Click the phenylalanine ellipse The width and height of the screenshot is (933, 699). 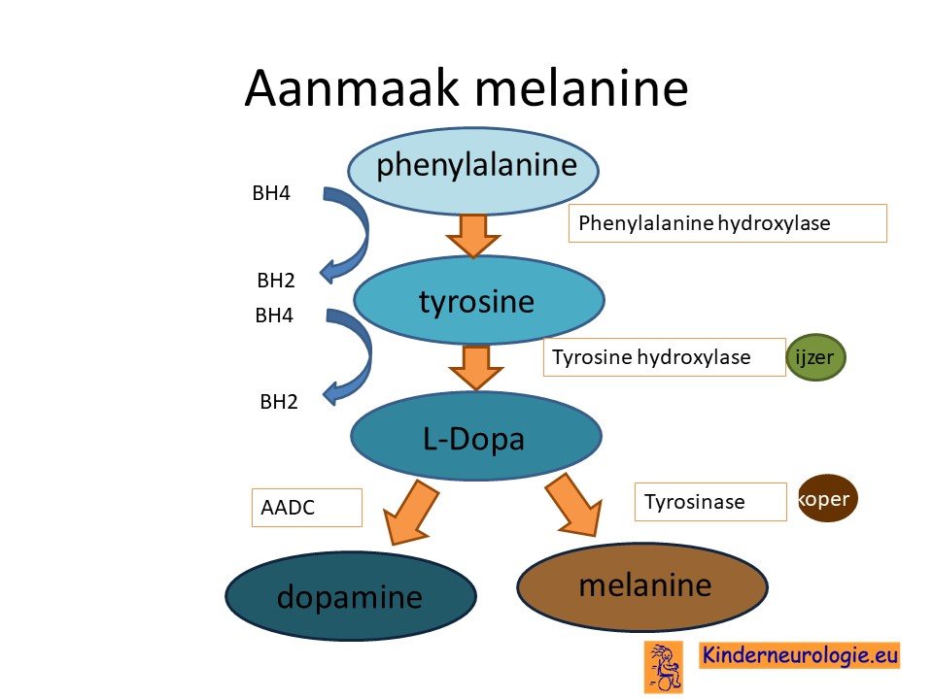[473, 171]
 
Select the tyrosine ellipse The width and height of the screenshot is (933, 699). [479, 300]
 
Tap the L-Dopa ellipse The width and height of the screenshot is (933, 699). [476, 436]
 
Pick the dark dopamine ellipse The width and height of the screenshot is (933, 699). [351, 595]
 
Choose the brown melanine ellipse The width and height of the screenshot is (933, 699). [642, 586]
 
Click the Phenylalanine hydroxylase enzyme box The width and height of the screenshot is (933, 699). [728, 223]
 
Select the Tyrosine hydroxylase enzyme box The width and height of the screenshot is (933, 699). [664, 357]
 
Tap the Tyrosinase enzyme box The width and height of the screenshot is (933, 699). [710, 502]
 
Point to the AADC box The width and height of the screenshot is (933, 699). [307, 508]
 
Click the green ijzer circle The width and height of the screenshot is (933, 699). [815, 357]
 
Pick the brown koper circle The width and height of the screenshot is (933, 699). [828, 498]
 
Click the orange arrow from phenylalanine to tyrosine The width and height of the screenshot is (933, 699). [473, 236]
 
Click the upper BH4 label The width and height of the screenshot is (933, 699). [271, 193]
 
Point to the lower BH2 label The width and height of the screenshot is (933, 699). [279, 402]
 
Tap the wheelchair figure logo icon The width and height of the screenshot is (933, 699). [664, 667]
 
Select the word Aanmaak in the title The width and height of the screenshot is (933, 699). [352, 88]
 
